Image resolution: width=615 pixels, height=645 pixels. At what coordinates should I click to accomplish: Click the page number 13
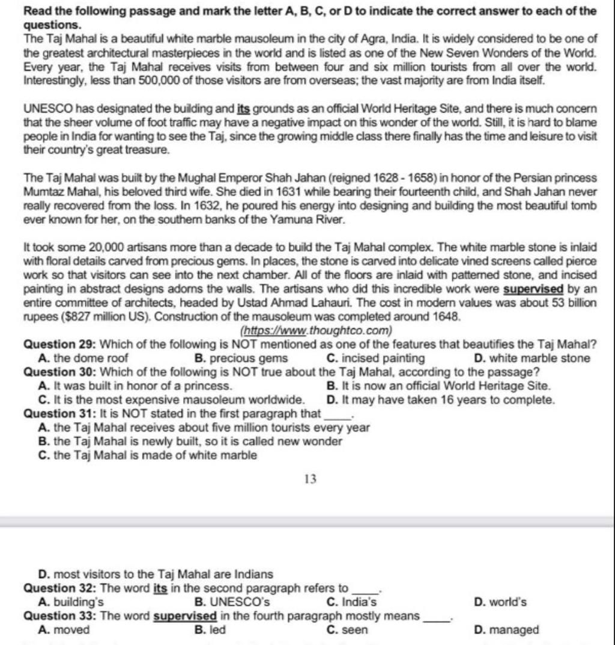310,479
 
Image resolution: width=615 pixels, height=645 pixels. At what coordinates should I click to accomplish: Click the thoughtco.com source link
316,331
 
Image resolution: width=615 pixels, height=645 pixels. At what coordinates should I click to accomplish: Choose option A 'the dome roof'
83,358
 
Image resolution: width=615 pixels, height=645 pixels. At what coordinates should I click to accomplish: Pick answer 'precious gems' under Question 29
241,358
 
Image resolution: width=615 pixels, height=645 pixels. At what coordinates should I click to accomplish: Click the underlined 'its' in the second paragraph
243,109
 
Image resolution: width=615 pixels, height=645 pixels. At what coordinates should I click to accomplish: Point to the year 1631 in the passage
281,192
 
